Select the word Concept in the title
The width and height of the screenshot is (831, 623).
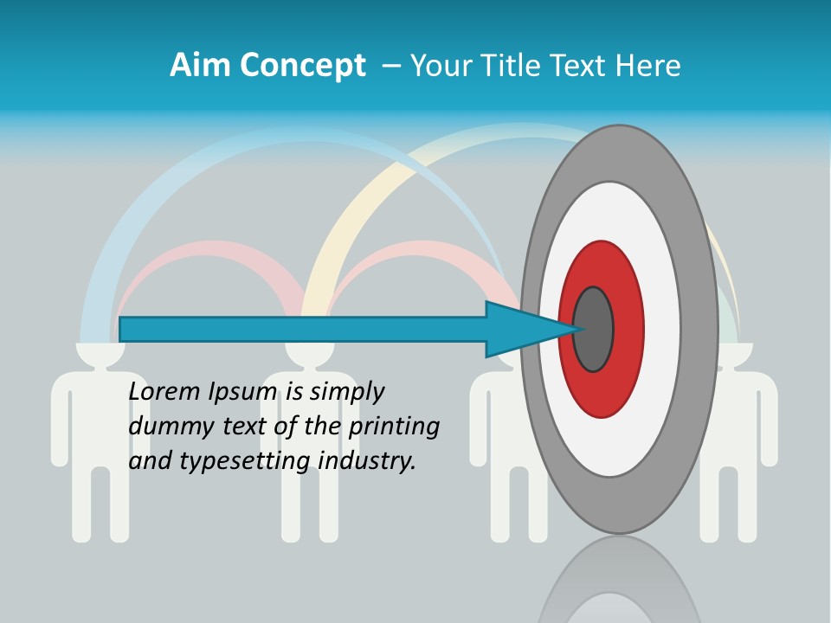(x=302, y=66)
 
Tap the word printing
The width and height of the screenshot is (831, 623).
(x=393, y=427)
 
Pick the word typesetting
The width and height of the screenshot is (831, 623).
(x=246, y=460)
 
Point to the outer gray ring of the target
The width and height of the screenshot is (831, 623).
(x=699, y=329)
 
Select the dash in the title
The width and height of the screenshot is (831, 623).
(x=390, y=66)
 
